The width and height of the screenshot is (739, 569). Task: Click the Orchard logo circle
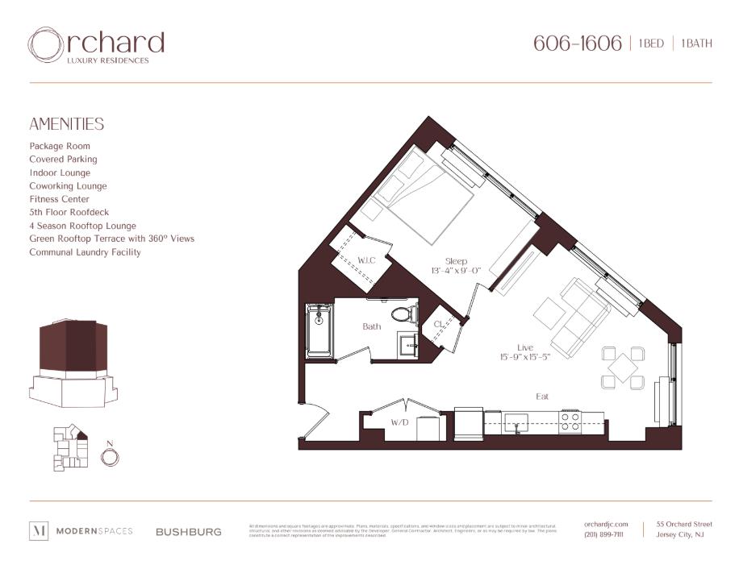44,45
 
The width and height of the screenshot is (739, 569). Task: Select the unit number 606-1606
577,44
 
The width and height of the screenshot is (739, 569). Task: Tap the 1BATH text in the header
696,44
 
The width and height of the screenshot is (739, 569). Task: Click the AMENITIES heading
67,124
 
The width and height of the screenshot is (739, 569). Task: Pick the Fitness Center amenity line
59,199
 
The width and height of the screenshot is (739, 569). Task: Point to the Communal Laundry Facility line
85,252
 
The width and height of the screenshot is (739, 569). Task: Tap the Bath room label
371,326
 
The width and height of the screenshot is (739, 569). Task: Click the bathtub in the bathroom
320,331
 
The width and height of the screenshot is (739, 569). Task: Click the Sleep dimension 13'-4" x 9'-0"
456,271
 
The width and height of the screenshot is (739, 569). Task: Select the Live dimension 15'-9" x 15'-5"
524,357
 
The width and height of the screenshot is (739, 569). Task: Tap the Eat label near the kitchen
543,397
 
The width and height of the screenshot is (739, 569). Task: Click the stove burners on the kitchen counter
570,422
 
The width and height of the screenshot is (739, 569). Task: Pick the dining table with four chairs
623,367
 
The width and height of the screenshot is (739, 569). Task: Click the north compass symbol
110,456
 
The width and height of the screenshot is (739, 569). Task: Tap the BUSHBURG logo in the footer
188,532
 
